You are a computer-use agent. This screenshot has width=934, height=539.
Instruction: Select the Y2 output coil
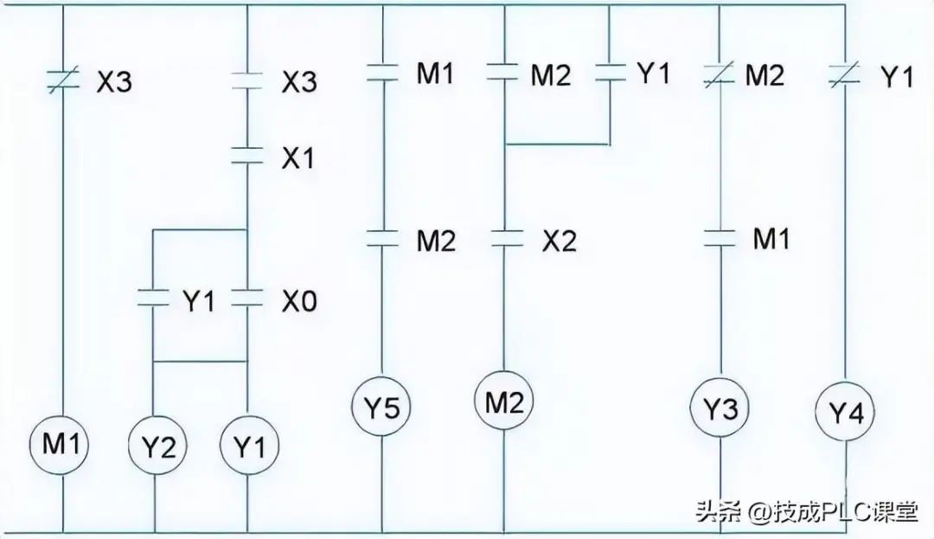point(155,448)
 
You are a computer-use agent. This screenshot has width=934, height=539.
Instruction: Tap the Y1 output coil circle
point(248,448)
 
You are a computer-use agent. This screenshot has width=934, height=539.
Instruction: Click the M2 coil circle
point(504,401)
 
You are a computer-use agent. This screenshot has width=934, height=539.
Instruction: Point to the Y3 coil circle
point(720,408)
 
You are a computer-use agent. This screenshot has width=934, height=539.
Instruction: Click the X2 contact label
point(559,242)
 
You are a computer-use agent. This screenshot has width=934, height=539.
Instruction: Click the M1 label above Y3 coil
point(771,239)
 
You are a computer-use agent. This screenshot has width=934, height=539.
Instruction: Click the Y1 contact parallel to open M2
point(610,74)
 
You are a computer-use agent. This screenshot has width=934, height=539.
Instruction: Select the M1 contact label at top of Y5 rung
point(435,75)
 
